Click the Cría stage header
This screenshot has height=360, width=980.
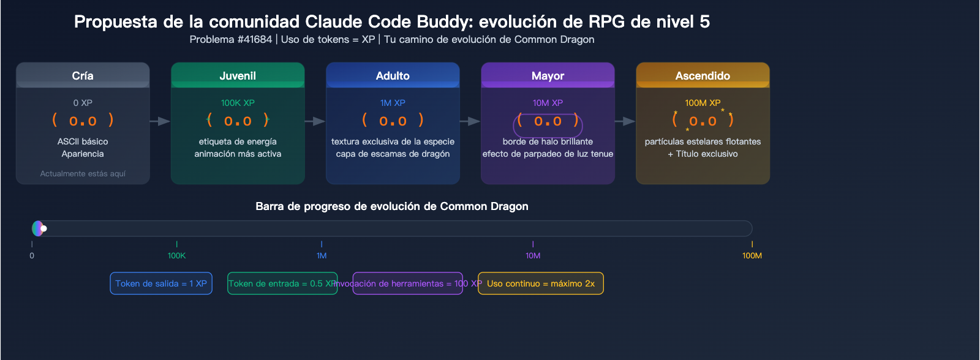(x=83, y=75)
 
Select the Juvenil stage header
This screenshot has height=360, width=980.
(x=238, y=75)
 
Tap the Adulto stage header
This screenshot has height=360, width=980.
(x=393, y=75)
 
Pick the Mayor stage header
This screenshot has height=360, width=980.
(x=548, y=75)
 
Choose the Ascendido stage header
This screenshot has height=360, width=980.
(x=703, y=75)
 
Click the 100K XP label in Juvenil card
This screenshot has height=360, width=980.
(x=238, y=103)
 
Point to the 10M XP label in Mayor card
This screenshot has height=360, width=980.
(x=548, y=103)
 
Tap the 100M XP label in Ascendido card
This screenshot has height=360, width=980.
(x=703, y=103)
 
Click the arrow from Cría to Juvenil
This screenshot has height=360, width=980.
(x=160, y=121)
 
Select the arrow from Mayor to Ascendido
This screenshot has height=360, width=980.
(x=625, y=121)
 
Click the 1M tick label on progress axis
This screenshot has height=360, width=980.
(x=322, y=255)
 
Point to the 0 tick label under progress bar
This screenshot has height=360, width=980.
(x=32, y=255)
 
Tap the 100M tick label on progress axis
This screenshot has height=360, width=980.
(x=752, y=255)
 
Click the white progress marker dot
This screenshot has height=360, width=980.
(x=43, y=228)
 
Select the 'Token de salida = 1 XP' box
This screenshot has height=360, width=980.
(x=161, y=283)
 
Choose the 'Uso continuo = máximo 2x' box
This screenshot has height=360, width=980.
(x=540, y=283)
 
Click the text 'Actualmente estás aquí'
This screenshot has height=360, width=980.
(x=83, y=174)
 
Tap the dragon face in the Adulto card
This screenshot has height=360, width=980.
(x=393, y=121)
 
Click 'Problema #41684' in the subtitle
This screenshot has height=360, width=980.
(x=231, y=40)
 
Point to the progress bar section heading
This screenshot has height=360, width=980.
(x=392, y=206)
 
